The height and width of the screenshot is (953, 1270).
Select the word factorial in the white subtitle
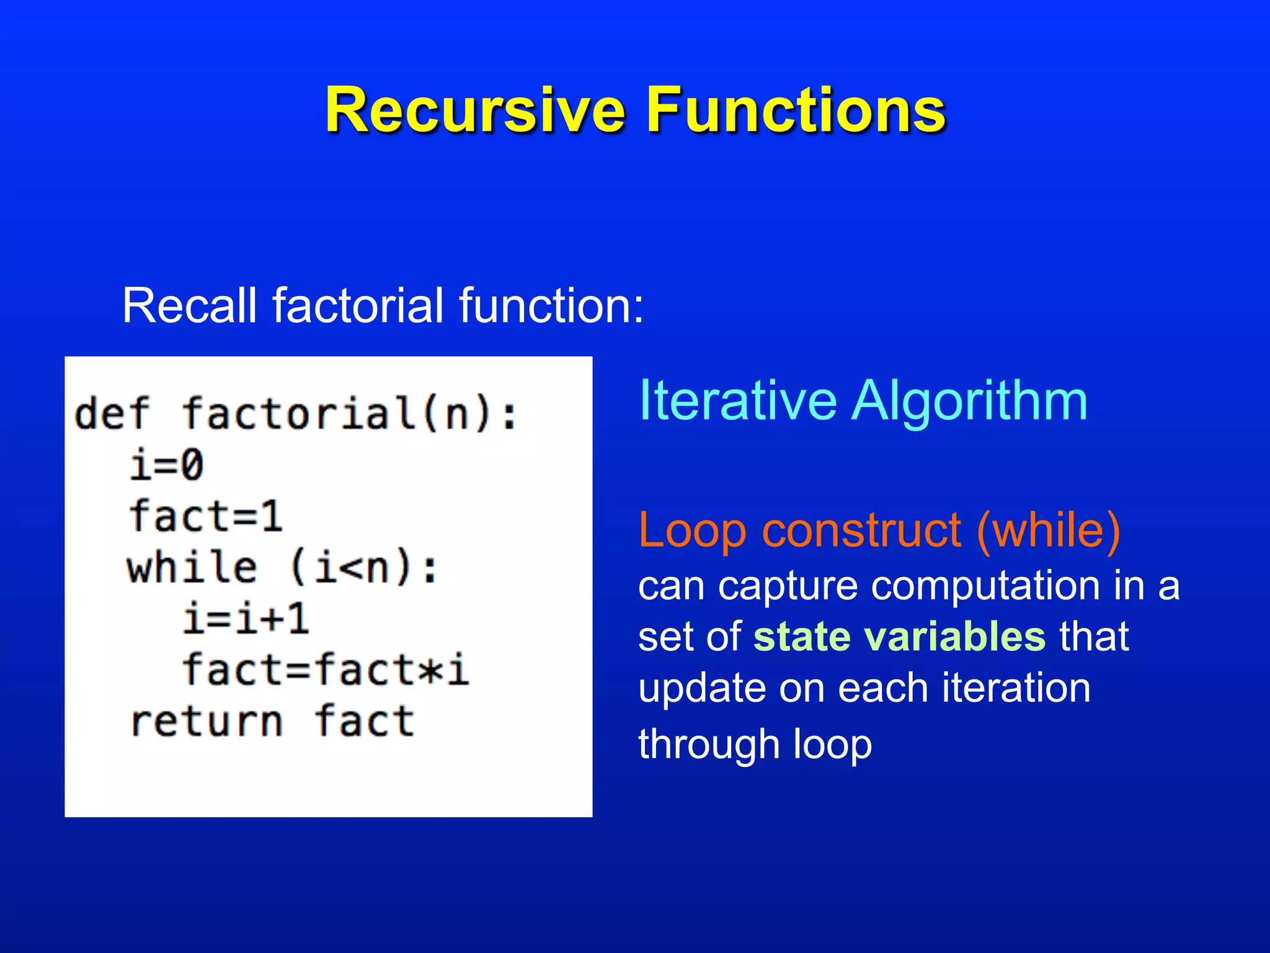click(x=358, y=305)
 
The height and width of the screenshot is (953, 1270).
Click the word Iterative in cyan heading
click(x=737, y=401)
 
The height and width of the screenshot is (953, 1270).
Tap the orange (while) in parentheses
click(x=1048, y=531)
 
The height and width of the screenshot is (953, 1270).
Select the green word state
click(x=801, y=637)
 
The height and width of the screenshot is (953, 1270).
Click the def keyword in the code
click(x=112, y=414)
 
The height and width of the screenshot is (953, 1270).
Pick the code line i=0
click(x=166, y=465)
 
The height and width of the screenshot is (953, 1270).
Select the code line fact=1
click(x=205, y=516)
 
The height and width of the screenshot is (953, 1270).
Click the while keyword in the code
click(x=192, y=568)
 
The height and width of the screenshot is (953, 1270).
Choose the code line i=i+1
click(x=246, y=619)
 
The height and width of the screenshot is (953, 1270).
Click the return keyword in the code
click(x=206, y=722)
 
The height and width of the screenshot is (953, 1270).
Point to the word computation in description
click(x=985, y=586)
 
